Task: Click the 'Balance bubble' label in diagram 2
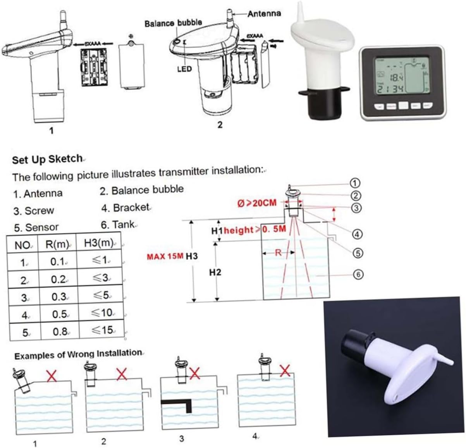pos(173,23)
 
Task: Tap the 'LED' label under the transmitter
pos(184,69)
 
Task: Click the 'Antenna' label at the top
pos(264,14)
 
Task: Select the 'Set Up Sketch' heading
pos(47,159)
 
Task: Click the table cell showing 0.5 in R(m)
pos(59,314)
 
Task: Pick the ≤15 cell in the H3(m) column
pos(102,330)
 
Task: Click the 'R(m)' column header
pos(57,244)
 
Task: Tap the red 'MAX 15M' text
pos(165,256)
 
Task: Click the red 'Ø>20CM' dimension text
pos(257,203)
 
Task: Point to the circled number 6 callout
pos(358,274)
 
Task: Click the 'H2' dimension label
pos(215,272)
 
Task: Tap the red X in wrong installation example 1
pos(51,375)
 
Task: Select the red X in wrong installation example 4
pos(285,371)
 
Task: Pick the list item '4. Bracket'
pos(126,208)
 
